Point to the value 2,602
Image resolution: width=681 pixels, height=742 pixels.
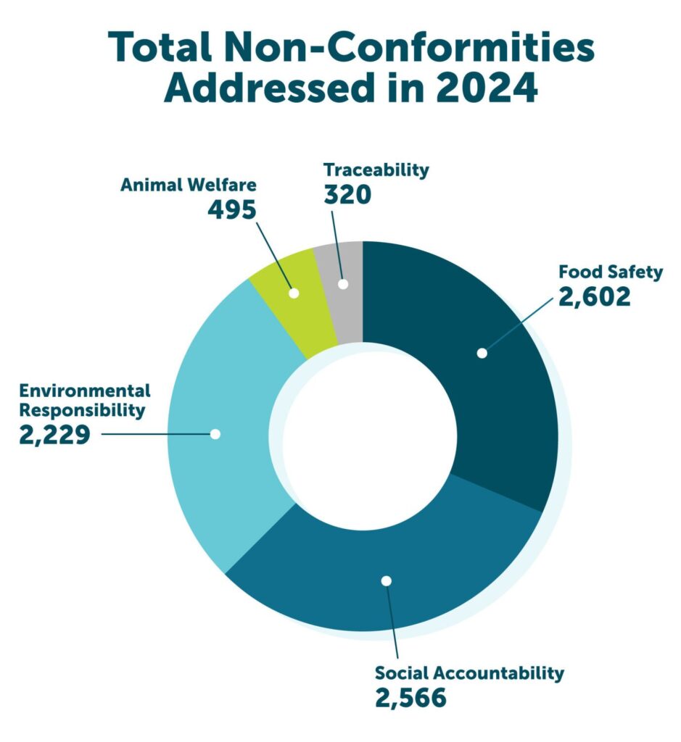594,296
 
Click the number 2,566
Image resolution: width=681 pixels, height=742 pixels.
410,698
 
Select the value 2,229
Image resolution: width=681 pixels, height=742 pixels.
54,435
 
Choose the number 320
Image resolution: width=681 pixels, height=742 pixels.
347,194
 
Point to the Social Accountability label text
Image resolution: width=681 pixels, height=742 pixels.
469,673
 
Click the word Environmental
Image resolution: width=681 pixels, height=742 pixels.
85,391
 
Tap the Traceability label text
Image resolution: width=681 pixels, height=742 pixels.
376,170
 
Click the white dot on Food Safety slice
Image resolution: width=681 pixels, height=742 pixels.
481,353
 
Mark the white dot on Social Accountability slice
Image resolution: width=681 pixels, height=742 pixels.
386,580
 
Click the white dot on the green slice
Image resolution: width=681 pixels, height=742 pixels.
294,293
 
